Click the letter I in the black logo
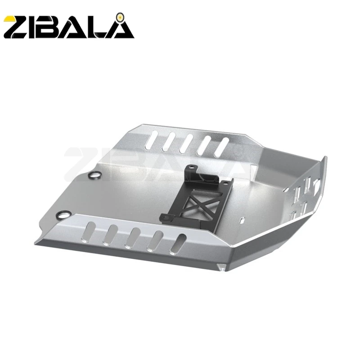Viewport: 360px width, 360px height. [40, 27]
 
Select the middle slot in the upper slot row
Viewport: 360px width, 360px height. [188, 141]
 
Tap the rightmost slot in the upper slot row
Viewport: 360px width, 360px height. [222, 144]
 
